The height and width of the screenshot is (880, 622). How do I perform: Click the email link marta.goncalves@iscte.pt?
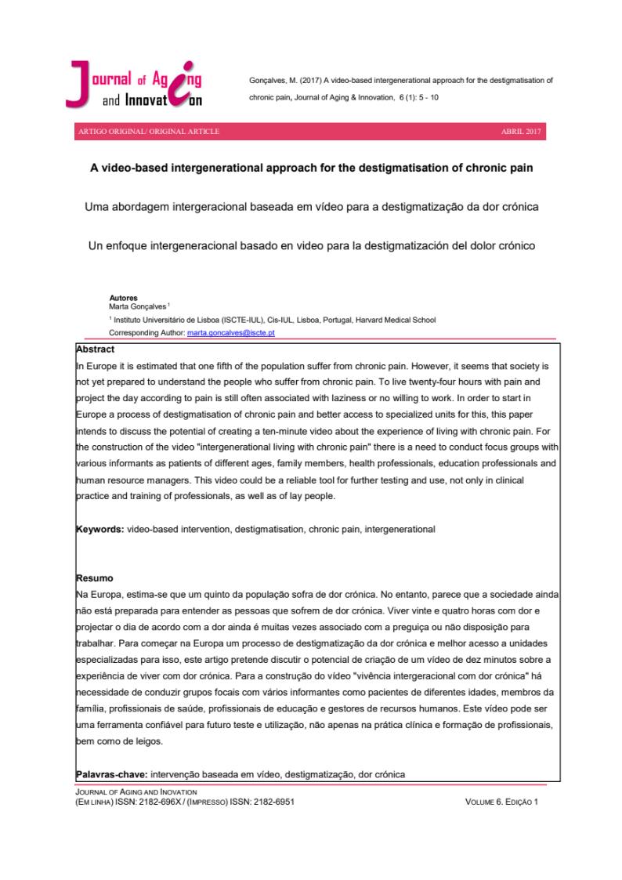(x=231, y=333)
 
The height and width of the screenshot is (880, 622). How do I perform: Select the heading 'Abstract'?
(x=96, y=349)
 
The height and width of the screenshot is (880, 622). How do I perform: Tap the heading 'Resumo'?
(x=94, y=578)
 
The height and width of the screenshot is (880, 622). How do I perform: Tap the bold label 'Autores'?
(x=123, y=299)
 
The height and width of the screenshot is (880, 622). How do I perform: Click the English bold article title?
(x=310, y=168)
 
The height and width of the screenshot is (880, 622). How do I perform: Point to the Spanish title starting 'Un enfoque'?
(x=310, y=246)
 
